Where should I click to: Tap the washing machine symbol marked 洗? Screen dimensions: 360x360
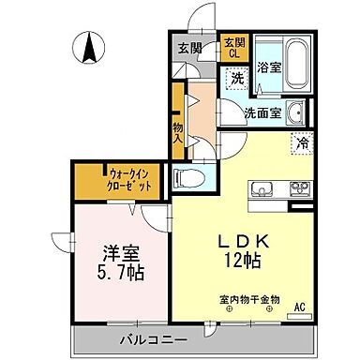[x=238, y=80]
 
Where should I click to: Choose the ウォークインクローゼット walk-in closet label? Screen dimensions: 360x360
[x=124, y=178]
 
